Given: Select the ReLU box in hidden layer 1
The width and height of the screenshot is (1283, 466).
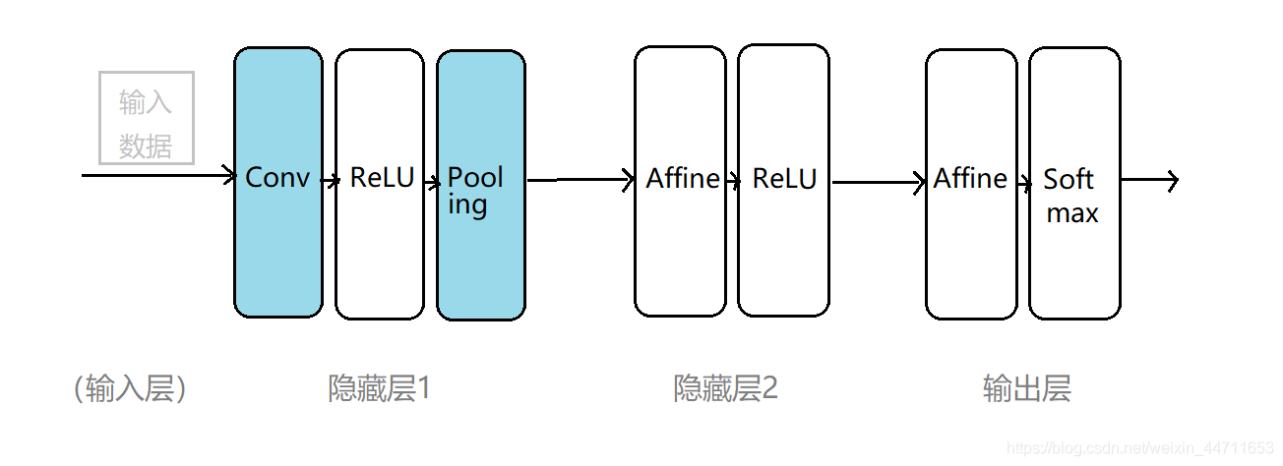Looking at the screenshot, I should click(x=380, y=246).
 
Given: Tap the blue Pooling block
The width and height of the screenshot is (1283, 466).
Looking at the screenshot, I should click(x=480, y=256).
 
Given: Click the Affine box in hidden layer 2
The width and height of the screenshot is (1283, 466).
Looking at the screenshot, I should click(x=680, y=246).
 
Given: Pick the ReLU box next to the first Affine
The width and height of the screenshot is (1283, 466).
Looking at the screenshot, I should click(x=783, y=246).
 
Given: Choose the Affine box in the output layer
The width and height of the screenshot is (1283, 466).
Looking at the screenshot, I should click(x=970, y=246).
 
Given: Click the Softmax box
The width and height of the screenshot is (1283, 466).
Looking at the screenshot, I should click(x=1074, y=256).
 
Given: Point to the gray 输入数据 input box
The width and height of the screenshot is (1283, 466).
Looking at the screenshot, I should click(x=147, y=118).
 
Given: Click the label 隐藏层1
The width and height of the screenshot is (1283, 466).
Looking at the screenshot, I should click(x=380, y=388).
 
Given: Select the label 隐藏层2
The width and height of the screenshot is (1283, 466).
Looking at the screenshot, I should click(x=725, y=388).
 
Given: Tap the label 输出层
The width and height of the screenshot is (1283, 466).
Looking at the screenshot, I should click(x=1026, y=389).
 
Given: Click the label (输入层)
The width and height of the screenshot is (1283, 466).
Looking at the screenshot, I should click(x=130, y=389).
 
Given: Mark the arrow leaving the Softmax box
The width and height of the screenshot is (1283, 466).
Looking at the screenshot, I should click(x=1149, y=181).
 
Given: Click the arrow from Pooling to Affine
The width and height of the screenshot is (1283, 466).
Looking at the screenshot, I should click(x=580, y=180).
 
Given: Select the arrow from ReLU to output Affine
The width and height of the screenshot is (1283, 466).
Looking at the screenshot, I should click(x=879, y=182).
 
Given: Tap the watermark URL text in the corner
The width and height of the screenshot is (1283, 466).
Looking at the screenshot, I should click(x=1141, y=448).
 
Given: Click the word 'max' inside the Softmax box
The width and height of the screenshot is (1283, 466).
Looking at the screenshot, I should click(x=1072, y=213).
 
